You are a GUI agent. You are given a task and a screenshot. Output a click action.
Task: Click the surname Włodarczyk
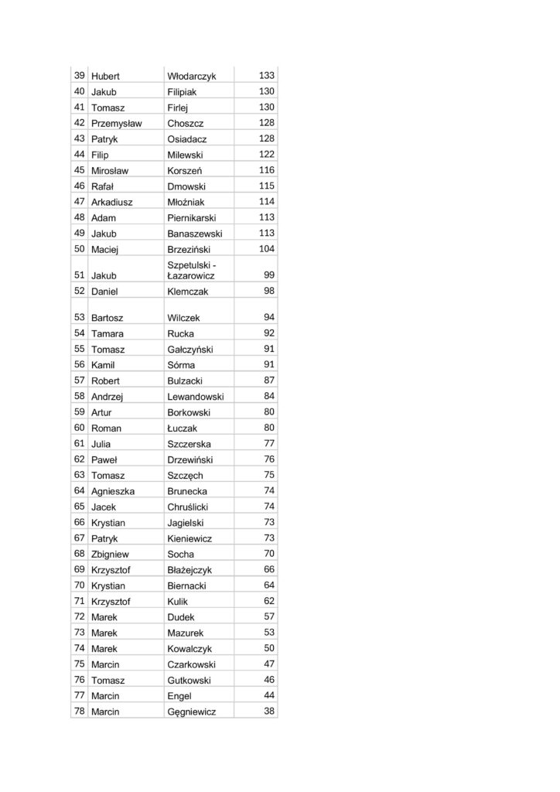[191, 76]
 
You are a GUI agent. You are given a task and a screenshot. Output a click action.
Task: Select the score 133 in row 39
[267, 75]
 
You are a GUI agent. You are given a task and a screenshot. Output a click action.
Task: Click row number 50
[79, 249]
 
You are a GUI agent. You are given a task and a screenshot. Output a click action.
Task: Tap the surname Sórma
[181, 365]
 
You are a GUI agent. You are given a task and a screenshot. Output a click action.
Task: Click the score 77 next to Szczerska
[269, 443]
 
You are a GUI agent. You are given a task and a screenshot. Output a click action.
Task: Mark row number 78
[79, 711]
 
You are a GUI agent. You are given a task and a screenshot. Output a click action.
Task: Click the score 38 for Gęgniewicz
[269, 711]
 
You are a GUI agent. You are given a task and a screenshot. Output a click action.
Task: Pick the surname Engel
[179, 696]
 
